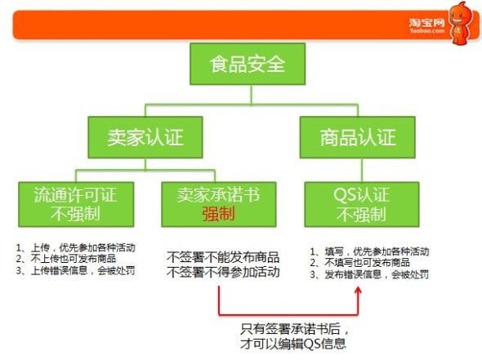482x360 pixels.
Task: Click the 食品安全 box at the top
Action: click(248, 64)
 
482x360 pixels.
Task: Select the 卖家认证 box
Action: click(145, 137)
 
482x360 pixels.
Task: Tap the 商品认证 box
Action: click(358, 137)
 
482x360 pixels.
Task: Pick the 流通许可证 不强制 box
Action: click(76, 205)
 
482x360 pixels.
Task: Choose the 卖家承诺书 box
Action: click(219, 205)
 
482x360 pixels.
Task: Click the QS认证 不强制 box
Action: click(362, 205)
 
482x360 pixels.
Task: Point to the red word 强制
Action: click(219, 214)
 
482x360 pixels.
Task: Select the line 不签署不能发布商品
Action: click(223, 257)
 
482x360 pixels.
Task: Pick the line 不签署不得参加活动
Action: click(223, 272)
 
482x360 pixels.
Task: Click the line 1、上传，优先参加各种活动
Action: click(76, 247)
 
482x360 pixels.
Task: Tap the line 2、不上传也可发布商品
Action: click(66, 259)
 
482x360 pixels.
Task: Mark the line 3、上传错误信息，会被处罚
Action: click(76, 271)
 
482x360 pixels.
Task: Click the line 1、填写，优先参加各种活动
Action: click(369, 251)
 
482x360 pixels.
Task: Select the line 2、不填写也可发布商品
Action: click(360, 263)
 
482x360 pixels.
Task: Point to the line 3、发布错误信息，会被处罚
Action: click(369, 274)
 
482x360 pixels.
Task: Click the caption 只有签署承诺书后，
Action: click(294, 329)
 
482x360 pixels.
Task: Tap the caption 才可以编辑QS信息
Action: click(293, 344)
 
